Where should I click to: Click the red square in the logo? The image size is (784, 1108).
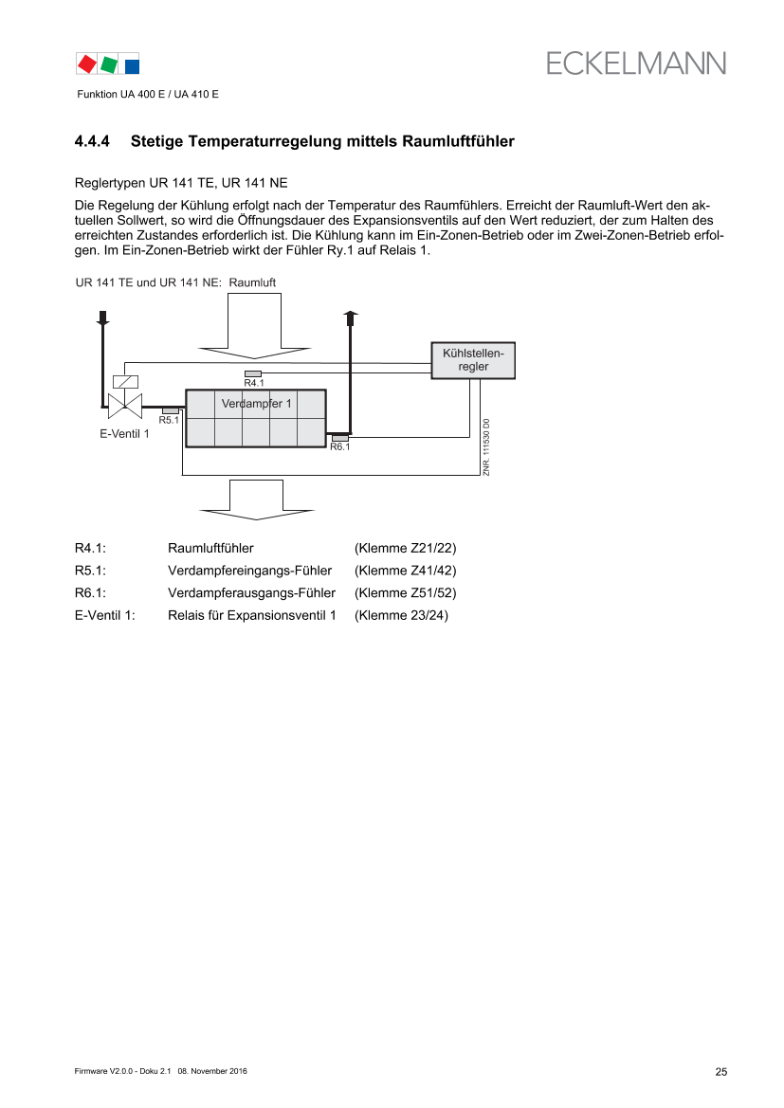[87, 64]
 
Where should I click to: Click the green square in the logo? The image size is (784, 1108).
[109, 64]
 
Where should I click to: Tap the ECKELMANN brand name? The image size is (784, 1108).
[635, 64]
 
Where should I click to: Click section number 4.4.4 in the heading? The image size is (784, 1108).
[92, 141]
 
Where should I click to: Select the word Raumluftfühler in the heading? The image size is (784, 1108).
[458, 141]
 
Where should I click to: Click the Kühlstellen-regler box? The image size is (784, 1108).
[473, 360]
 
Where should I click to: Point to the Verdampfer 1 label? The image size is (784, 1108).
[256, 404]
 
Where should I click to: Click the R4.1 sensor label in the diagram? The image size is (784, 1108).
[254, 383]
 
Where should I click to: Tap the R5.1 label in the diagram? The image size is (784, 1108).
[168, 420]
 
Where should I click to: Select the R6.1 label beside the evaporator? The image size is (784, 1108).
[340, 446]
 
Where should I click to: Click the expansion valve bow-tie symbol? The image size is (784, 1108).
[125, 407]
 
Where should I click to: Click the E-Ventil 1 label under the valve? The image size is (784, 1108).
[124, 434]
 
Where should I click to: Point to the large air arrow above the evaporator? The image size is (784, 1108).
[254, 326]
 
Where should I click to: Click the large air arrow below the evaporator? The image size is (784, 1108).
[257, 500]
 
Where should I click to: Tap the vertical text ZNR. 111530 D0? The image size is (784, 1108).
[486, 446]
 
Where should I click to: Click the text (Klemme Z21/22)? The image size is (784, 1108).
[405, 549]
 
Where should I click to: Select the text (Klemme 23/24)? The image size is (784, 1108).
[401, 615]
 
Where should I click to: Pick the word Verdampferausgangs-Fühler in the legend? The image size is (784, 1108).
[251, 593]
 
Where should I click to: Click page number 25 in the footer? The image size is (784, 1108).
[721, 1072]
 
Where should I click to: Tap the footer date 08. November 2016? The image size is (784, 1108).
[212, 1071]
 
